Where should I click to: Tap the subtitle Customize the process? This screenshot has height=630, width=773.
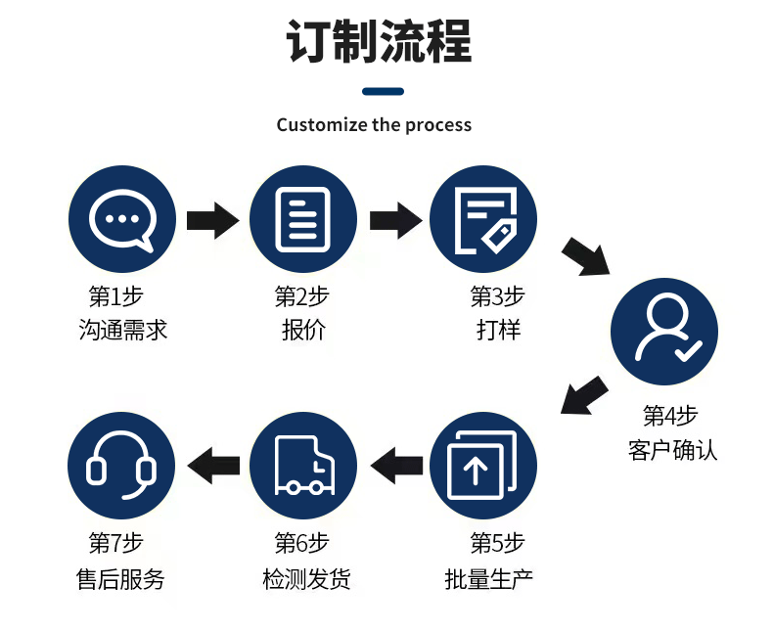tap(374, 125)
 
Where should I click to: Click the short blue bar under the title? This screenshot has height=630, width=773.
tap(383, 92)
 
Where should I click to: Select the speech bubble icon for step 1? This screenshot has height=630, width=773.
tap(122, 219)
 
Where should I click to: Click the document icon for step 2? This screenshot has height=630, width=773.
tap(302, 219)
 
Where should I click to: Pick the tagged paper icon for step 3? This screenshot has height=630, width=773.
tap(483, 219)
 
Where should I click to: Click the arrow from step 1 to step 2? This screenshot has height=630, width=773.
tap(211, 219)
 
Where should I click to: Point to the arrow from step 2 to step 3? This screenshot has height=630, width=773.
tap(394, 219)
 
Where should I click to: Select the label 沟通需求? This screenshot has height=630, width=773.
tap(123, 330)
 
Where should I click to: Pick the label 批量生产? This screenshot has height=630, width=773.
tap(489, 578)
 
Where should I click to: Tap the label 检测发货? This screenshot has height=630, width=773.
tap(306, 578)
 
